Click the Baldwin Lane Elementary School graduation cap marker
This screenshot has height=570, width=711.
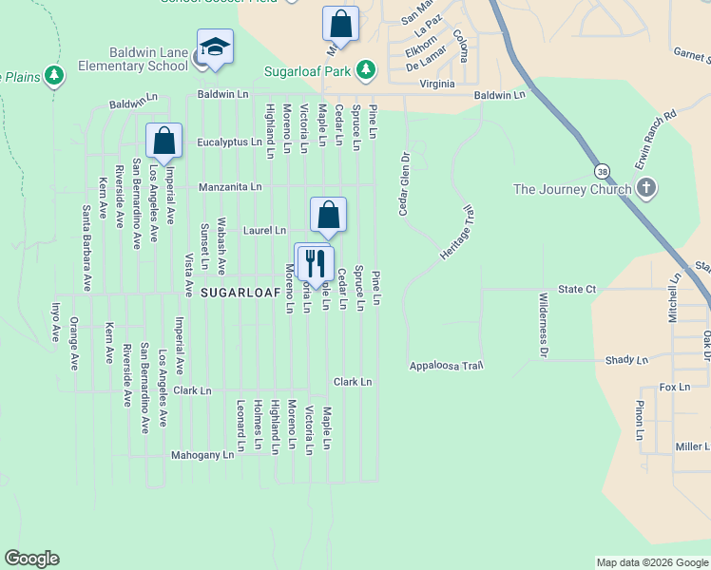point(216,47)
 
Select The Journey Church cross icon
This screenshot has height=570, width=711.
point(645,188)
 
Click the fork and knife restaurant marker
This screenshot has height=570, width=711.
point(313,261)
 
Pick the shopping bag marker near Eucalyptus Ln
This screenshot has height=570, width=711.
point(163,141)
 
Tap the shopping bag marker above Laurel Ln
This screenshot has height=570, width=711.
point(328,215)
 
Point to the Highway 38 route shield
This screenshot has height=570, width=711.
point(603,172)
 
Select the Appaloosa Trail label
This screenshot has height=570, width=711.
point(447,366)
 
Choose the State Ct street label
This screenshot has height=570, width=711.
point(577,288)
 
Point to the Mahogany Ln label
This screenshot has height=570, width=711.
point(202,455)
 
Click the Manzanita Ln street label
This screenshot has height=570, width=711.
point(230,187)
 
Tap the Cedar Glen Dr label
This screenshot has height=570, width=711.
point(403,183)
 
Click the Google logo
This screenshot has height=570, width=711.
point(31,559)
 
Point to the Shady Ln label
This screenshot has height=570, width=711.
point(626,360)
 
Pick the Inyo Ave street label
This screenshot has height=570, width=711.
point(56,323)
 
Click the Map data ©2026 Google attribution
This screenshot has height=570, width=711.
point(651,562)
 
